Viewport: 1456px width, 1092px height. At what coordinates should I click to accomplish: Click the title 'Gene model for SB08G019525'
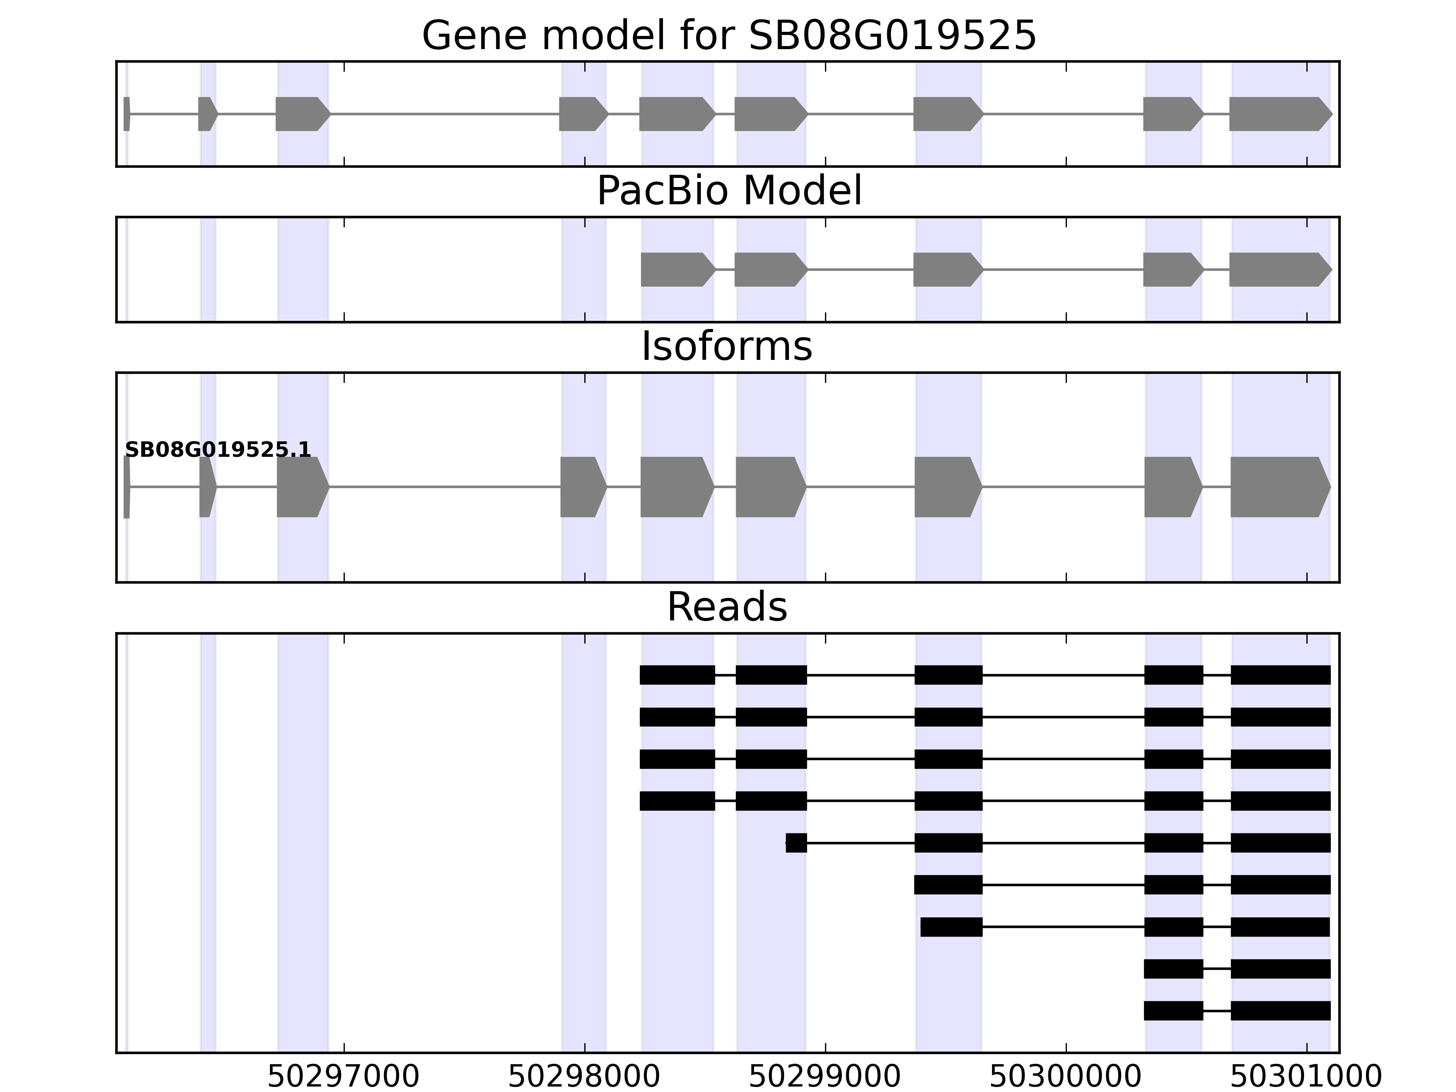(728, 35)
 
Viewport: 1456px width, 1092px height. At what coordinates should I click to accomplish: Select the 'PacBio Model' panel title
(728, 191)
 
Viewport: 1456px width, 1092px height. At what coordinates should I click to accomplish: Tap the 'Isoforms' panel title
(727, 347)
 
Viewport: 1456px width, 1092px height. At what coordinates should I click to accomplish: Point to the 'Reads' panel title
(727, 607)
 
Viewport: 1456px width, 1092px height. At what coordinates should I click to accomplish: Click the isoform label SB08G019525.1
(217, 450)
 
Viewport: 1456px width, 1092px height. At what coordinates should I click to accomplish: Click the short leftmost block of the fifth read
(796, 843)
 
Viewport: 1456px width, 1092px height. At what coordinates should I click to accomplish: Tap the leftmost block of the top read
(677, 675)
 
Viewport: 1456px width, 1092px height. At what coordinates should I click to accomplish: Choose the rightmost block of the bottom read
(1280, 1011)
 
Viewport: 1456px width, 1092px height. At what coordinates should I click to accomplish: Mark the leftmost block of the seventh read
(951, 927)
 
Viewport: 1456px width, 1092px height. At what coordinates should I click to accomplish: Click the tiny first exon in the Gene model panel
(126, 114)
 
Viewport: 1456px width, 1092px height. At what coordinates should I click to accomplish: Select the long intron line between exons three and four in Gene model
(444, 114)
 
